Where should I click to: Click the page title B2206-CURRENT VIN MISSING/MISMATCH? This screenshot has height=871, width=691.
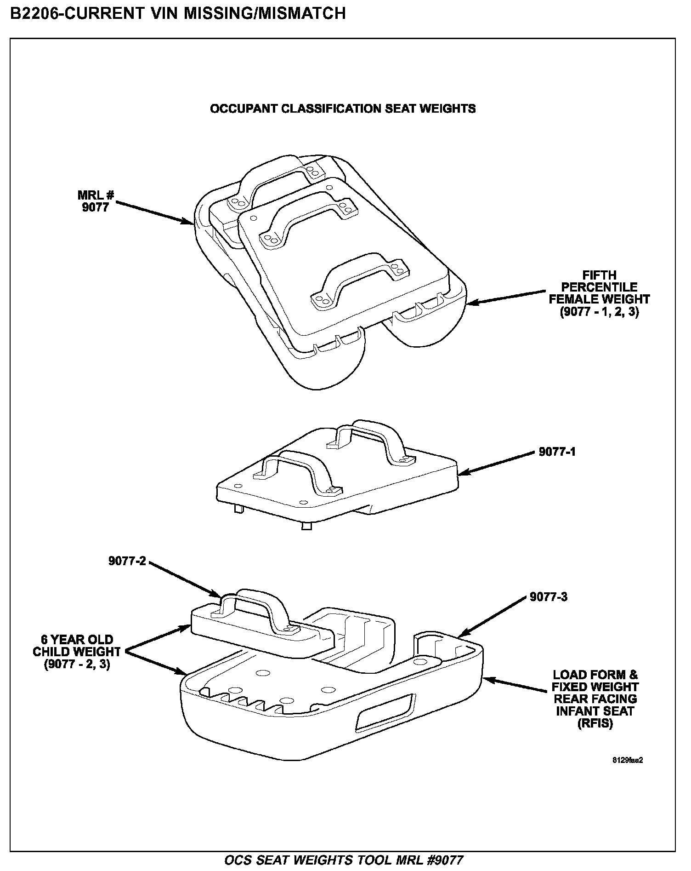coord(178,13)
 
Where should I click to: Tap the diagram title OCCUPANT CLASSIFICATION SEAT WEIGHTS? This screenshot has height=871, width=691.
coord(342,109)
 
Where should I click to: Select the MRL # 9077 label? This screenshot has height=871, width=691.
coord(96,201)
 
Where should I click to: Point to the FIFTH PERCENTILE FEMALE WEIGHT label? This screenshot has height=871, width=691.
coord(599,293)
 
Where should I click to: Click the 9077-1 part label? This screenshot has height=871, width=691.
coord(557,452)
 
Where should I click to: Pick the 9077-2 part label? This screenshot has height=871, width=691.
coord(127,561)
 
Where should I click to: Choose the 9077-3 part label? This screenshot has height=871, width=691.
coord(548,597)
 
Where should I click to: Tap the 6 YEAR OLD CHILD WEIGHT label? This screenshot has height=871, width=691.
coord(77,652)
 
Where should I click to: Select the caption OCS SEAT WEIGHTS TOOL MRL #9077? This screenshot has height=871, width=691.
coord(343,860)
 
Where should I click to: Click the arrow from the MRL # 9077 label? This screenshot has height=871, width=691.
coord(154,212)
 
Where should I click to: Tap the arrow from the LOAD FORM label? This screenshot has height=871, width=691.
coord(515,684)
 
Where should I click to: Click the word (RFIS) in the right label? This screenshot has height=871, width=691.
coord(595,723)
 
